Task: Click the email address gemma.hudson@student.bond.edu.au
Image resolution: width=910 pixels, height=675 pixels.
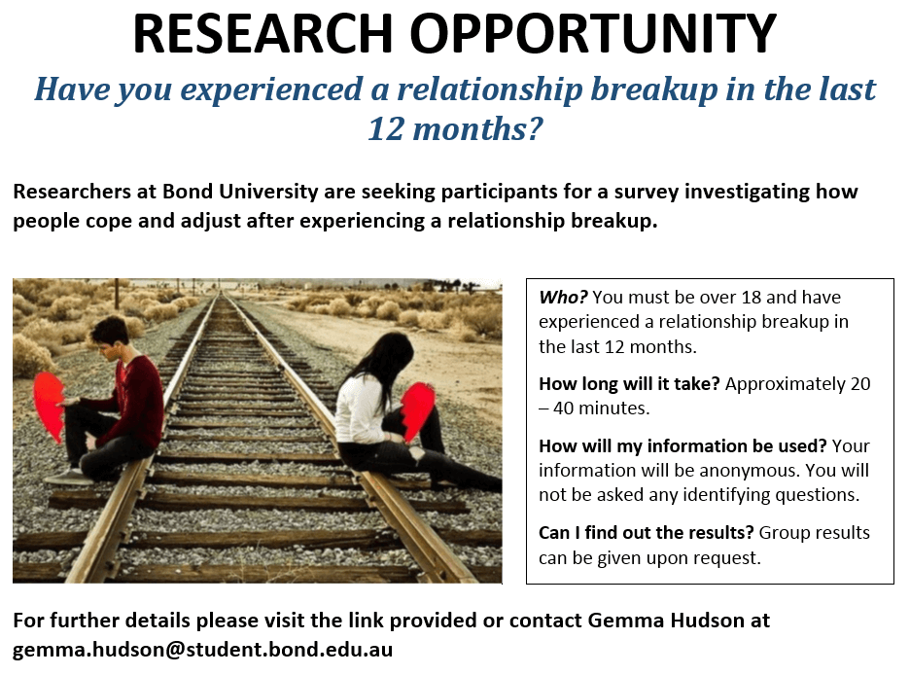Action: (x=202, y=649)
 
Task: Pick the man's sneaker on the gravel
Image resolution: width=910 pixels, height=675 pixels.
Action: (x=68, y=477)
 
